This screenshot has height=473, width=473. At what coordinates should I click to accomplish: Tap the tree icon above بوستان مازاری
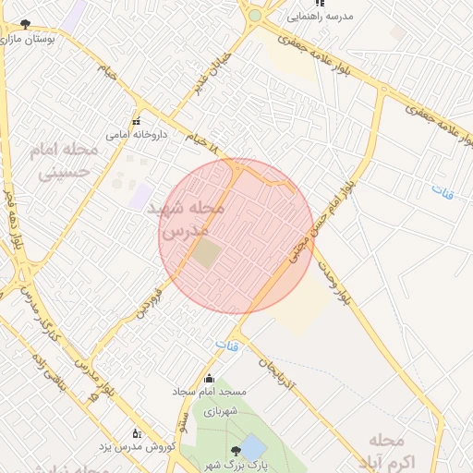click(25, 24)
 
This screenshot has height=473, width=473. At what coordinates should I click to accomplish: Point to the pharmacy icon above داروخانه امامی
click(136, 121)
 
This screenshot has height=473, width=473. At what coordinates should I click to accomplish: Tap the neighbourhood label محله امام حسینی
click(59, 160)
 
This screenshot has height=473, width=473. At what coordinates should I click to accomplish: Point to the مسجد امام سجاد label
click(207, 392)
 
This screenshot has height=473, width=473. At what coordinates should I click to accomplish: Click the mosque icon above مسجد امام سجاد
click(208, 378)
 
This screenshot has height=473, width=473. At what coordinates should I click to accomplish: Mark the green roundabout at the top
click(254, 16)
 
